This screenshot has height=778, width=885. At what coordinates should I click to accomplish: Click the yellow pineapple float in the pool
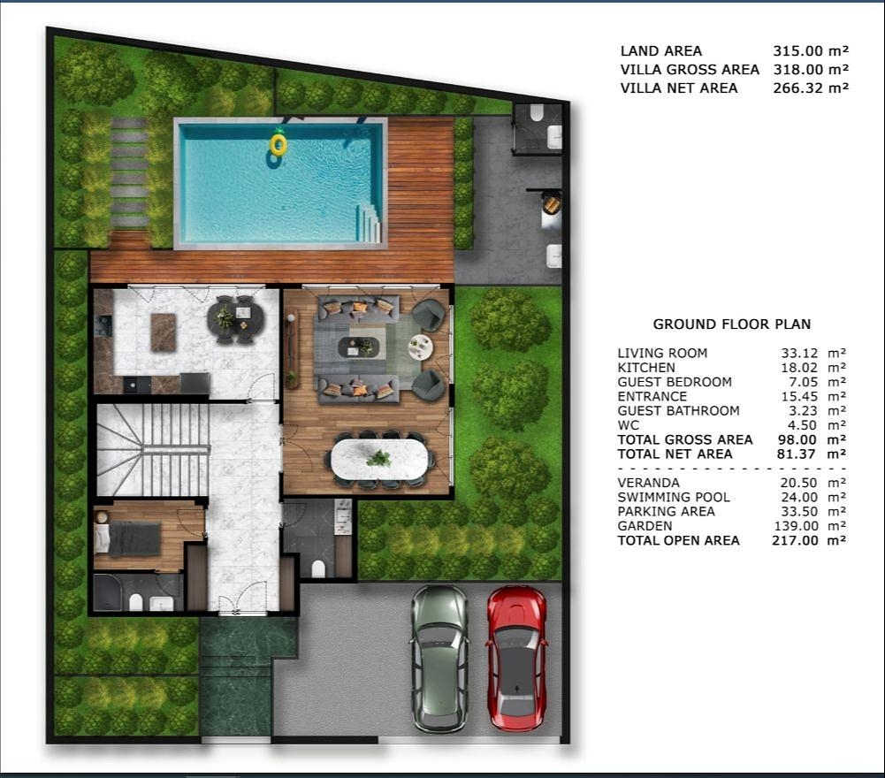pyautogui.click(x=278, y=144)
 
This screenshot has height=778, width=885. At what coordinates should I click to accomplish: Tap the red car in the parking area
pyautogui.click(x=516, y=659)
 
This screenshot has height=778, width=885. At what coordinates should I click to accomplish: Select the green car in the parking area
pyautogui.click(x=440, y=659)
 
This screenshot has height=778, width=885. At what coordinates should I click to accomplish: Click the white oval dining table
pyautogui.click(x=379, y=459)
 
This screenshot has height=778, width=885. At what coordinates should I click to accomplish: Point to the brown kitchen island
pyautogui.click(x=164, y=332)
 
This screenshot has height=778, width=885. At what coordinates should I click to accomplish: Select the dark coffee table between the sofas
pyautogui.click(x=359, y=347)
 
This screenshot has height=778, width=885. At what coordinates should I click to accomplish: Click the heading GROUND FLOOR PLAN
pyautogui.click(x=731, y=324)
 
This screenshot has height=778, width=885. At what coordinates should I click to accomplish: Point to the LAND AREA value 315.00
pyautogui.click(x=797, y=50)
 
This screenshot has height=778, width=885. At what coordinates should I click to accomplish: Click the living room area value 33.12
pyautogui.click(x=799, y=353)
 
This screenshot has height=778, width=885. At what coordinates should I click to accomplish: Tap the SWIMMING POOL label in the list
pyautogui.click(x=674, y=498)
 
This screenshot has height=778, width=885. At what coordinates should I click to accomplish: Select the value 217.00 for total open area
pyautogui.click(x=795, y=540)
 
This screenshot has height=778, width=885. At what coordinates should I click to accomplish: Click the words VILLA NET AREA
pyautogui.click(x=679, y=88)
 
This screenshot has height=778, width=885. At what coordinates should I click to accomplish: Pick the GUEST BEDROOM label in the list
pyautogui.click(x=675, y=382)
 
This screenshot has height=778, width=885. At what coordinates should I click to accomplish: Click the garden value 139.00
pyautogui.click(x=796, y=526)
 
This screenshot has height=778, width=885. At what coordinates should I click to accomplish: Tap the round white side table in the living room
pyautogui.click(x=420, y=347)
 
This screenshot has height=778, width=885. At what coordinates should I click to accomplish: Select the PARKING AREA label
pyautogui.click(x=666, y=512)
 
